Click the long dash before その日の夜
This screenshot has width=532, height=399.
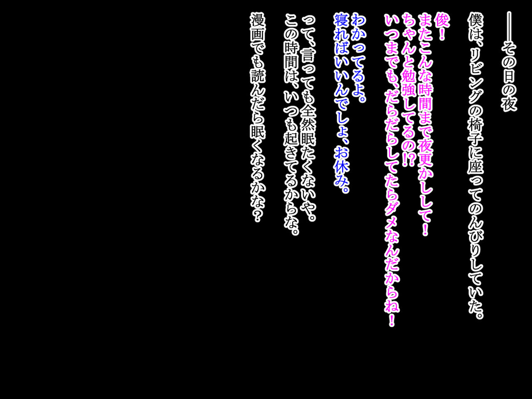[509, 27]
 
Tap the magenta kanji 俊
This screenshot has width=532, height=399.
[442, 20]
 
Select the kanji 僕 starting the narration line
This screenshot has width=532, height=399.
[475, 20]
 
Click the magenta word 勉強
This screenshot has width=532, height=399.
[409, 88]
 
